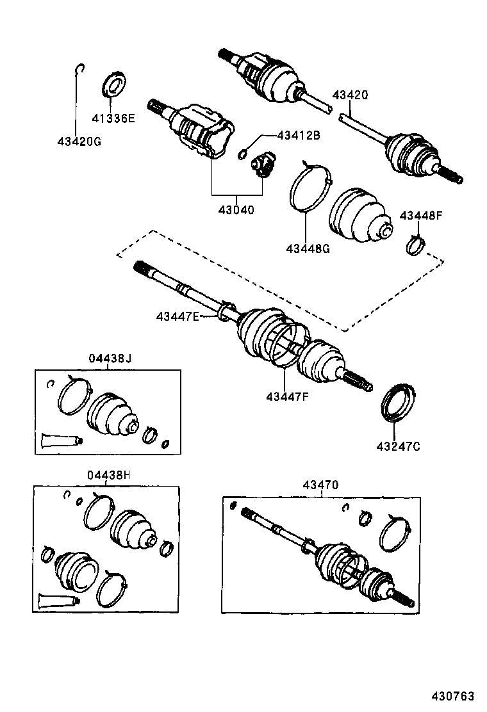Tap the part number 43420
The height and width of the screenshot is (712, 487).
click(x=350, y=95)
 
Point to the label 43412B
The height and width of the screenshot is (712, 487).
click(x=298, y=135)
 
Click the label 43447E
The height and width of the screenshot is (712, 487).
click(x=178, y=316)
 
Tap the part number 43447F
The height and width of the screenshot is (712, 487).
click(x=288, y=395)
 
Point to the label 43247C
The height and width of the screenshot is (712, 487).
click(x=398, y=446)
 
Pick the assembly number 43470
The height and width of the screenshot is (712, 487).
click(x=321, y=485)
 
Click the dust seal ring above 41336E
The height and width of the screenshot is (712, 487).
click(x=115, y=86)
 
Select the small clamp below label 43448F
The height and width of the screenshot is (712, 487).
click(x=416, y=243)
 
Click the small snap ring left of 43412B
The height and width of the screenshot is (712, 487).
click(x=244, y=153)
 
